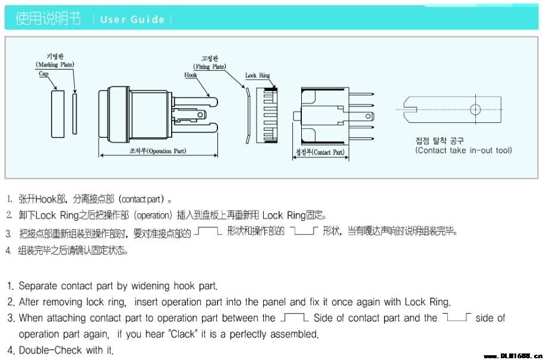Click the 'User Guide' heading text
click(132, 20)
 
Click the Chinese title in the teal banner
click(48, 18)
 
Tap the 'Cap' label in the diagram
click(43, 74)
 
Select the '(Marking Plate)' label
click(55, 64)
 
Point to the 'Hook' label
click(191, 75)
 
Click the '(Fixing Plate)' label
click(210, 67)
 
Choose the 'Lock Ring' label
click(257, 75)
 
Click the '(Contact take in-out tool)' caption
click(463, 150)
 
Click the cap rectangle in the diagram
click(58, 114)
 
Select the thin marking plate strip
click(74, 113)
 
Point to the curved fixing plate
click(248, 116)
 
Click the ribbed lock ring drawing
click(267, 115)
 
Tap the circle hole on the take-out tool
click(475, 110)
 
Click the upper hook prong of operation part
click(195, 102)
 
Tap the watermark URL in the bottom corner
click(513, 355)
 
